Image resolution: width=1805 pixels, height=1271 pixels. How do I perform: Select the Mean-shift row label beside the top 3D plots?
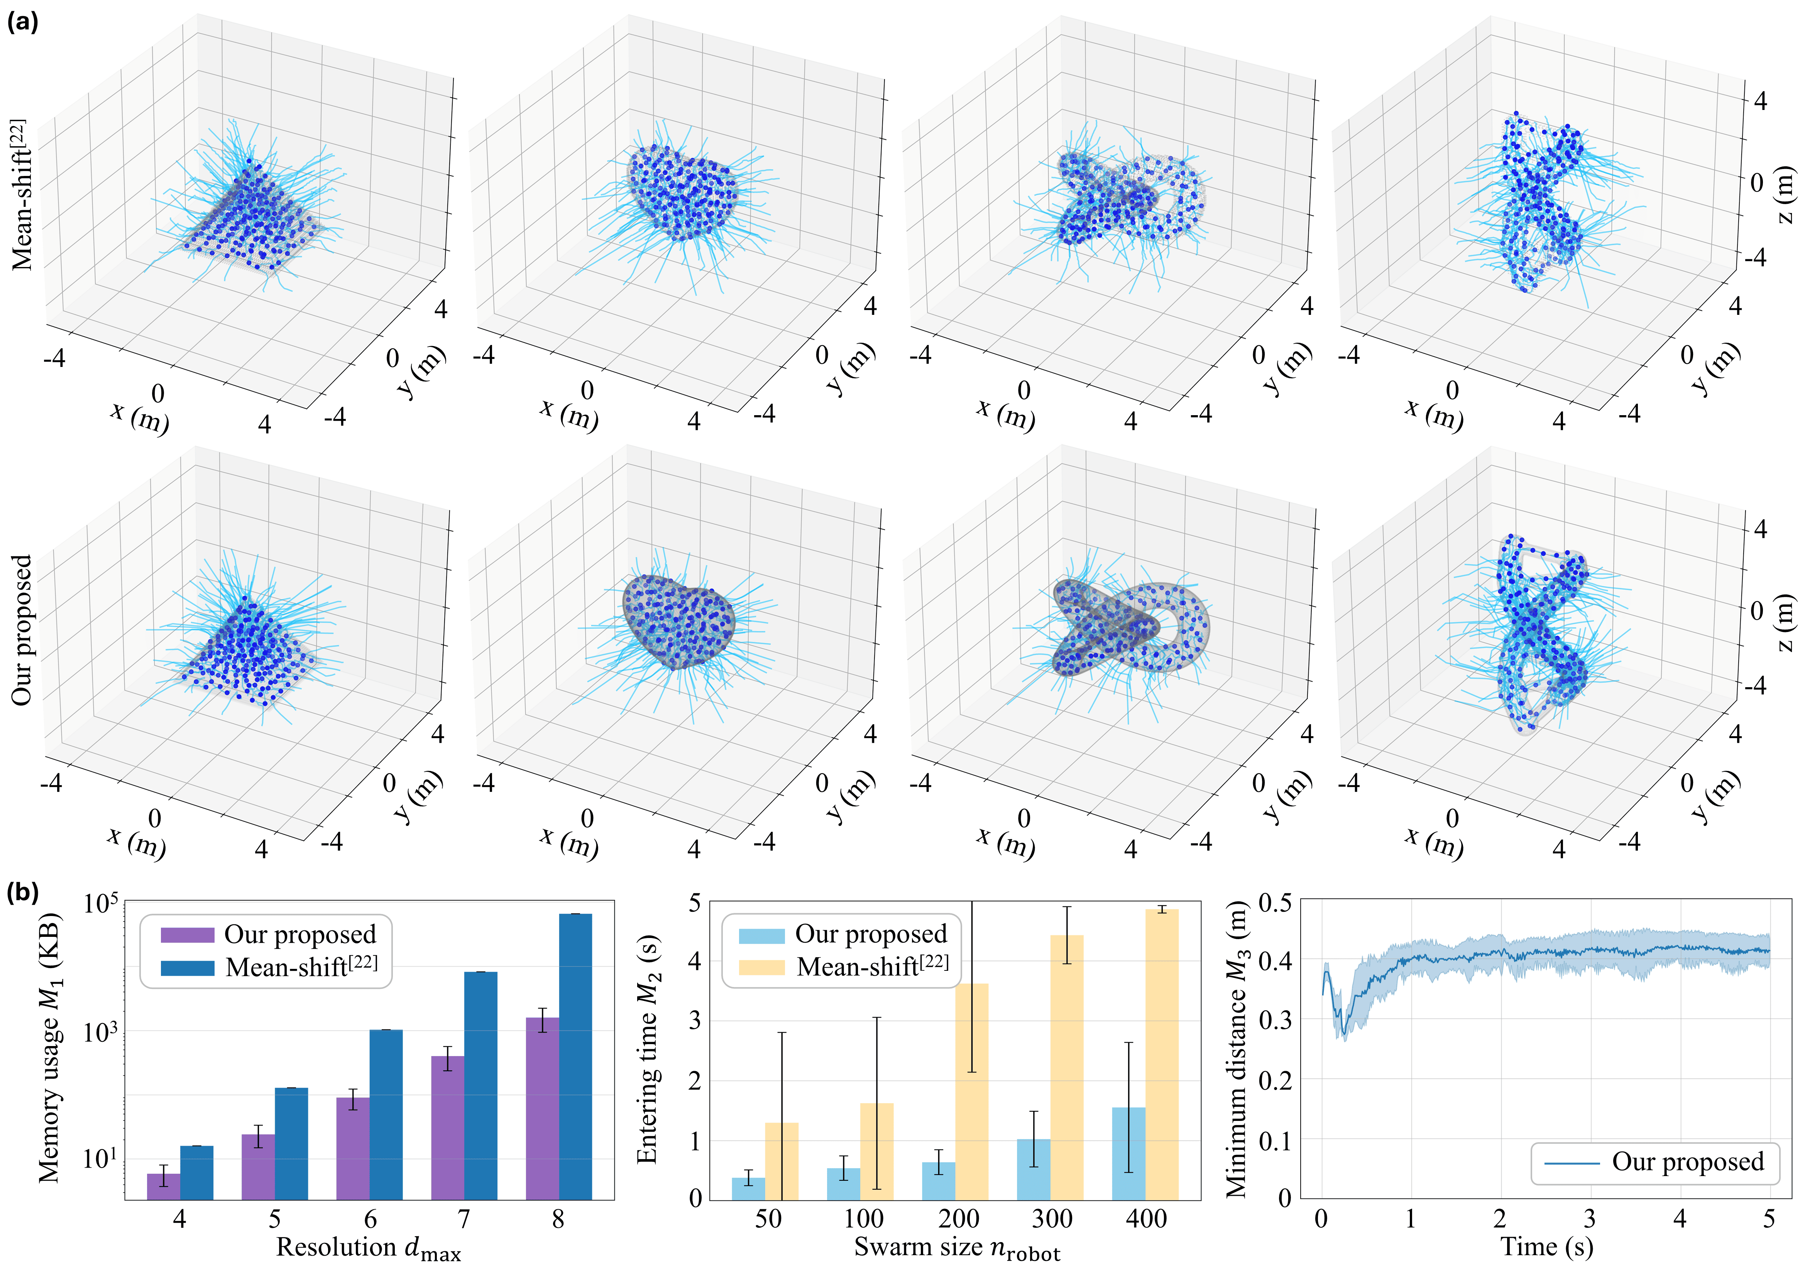tap(22, 195)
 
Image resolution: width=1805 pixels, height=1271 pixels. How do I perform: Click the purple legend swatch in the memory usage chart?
tap(187, 935)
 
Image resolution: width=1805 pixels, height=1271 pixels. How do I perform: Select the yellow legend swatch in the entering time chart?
tap(761, 966)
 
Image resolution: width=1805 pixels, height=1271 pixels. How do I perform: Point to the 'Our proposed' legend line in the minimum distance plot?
tap(1572, 1163)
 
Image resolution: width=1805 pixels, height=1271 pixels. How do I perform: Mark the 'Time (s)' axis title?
tap(1546, 1247)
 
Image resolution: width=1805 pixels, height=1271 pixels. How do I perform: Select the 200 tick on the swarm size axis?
tap(958, 1219)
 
